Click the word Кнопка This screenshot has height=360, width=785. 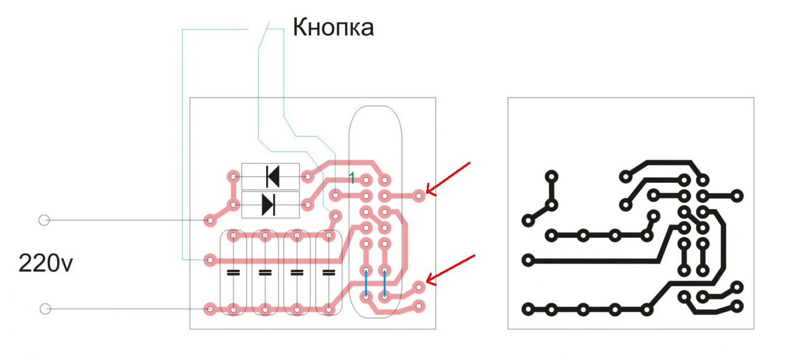[x=333, y=28]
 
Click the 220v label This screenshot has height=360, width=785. [x=45, y=263]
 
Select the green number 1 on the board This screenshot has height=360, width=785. [x=352, y=178]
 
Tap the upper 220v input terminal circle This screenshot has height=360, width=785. [x=44, y=220]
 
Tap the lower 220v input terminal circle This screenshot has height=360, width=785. [x=45, y=309]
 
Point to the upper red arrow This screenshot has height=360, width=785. [x=448, y=178]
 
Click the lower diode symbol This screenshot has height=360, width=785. [x=269, y=205]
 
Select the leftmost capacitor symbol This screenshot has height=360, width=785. [x=234, y=272]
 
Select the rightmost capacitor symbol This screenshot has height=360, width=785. [x=329, y=272]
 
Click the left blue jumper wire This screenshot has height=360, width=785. [x=366, y=283]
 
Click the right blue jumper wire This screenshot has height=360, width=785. [x=385, y=283]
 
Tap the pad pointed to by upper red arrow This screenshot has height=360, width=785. [x=419, y=196]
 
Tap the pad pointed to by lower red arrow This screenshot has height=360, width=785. [x=419, y=288]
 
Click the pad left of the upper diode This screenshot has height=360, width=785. [x=234, y=176]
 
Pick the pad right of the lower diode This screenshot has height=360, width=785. [x=308, y=205]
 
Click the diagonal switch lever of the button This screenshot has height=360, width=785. [x=264, y=35]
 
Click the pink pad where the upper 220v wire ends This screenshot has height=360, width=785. [x=210, y=220]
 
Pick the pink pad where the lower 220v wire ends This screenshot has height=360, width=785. [x=210, y=309]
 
